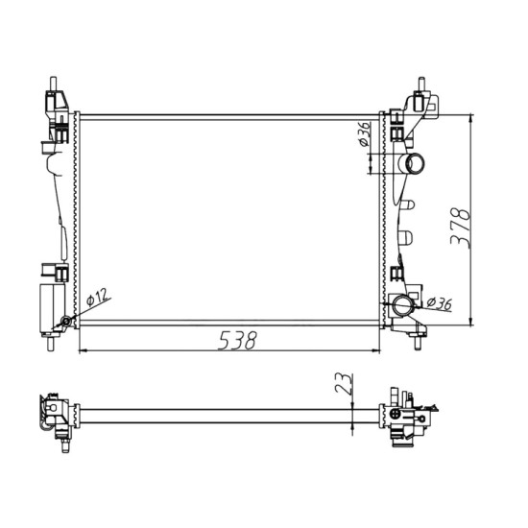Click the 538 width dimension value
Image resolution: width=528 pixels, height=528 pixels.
click(237, 340)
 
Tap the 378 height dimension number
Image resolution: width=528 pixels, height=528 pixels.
click(460, 228)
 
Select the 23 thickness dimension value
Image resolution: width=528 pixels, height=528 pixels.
click(345, 384)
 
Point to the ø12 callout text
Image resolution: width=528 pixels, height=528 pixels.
click(98, 297)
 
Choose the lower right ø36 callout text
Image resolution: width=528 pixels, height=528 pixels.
click(439, 303)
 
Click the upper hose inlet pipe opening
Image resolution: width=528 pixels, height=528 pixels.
click(414, 163)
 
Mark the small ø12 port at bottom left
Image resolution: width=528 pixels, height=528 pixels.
click(66, 322)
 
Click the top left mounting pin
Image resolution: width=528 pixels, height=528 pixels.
click(53, 84)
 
